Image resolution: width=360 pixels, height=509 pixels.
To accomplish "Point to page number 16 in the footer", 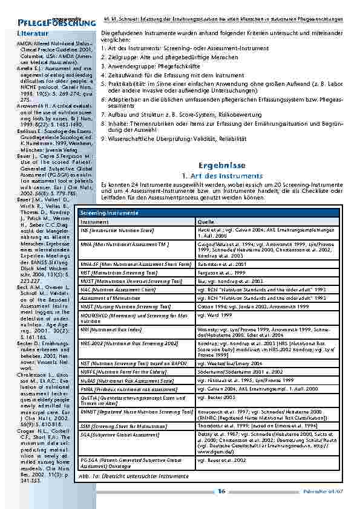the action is [x=222, y=491].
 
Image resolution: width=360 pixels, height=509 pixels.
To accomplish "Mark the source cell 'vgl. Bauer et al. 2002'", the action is [x=221, y=443].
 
